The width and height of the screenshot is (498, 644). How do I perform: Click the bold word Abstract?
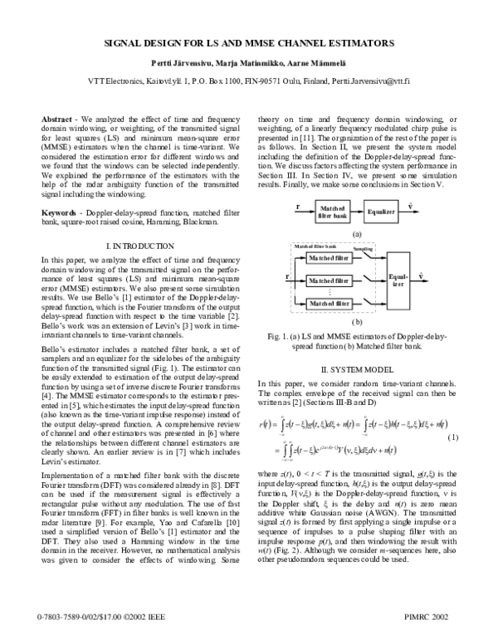pos(56,120)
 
